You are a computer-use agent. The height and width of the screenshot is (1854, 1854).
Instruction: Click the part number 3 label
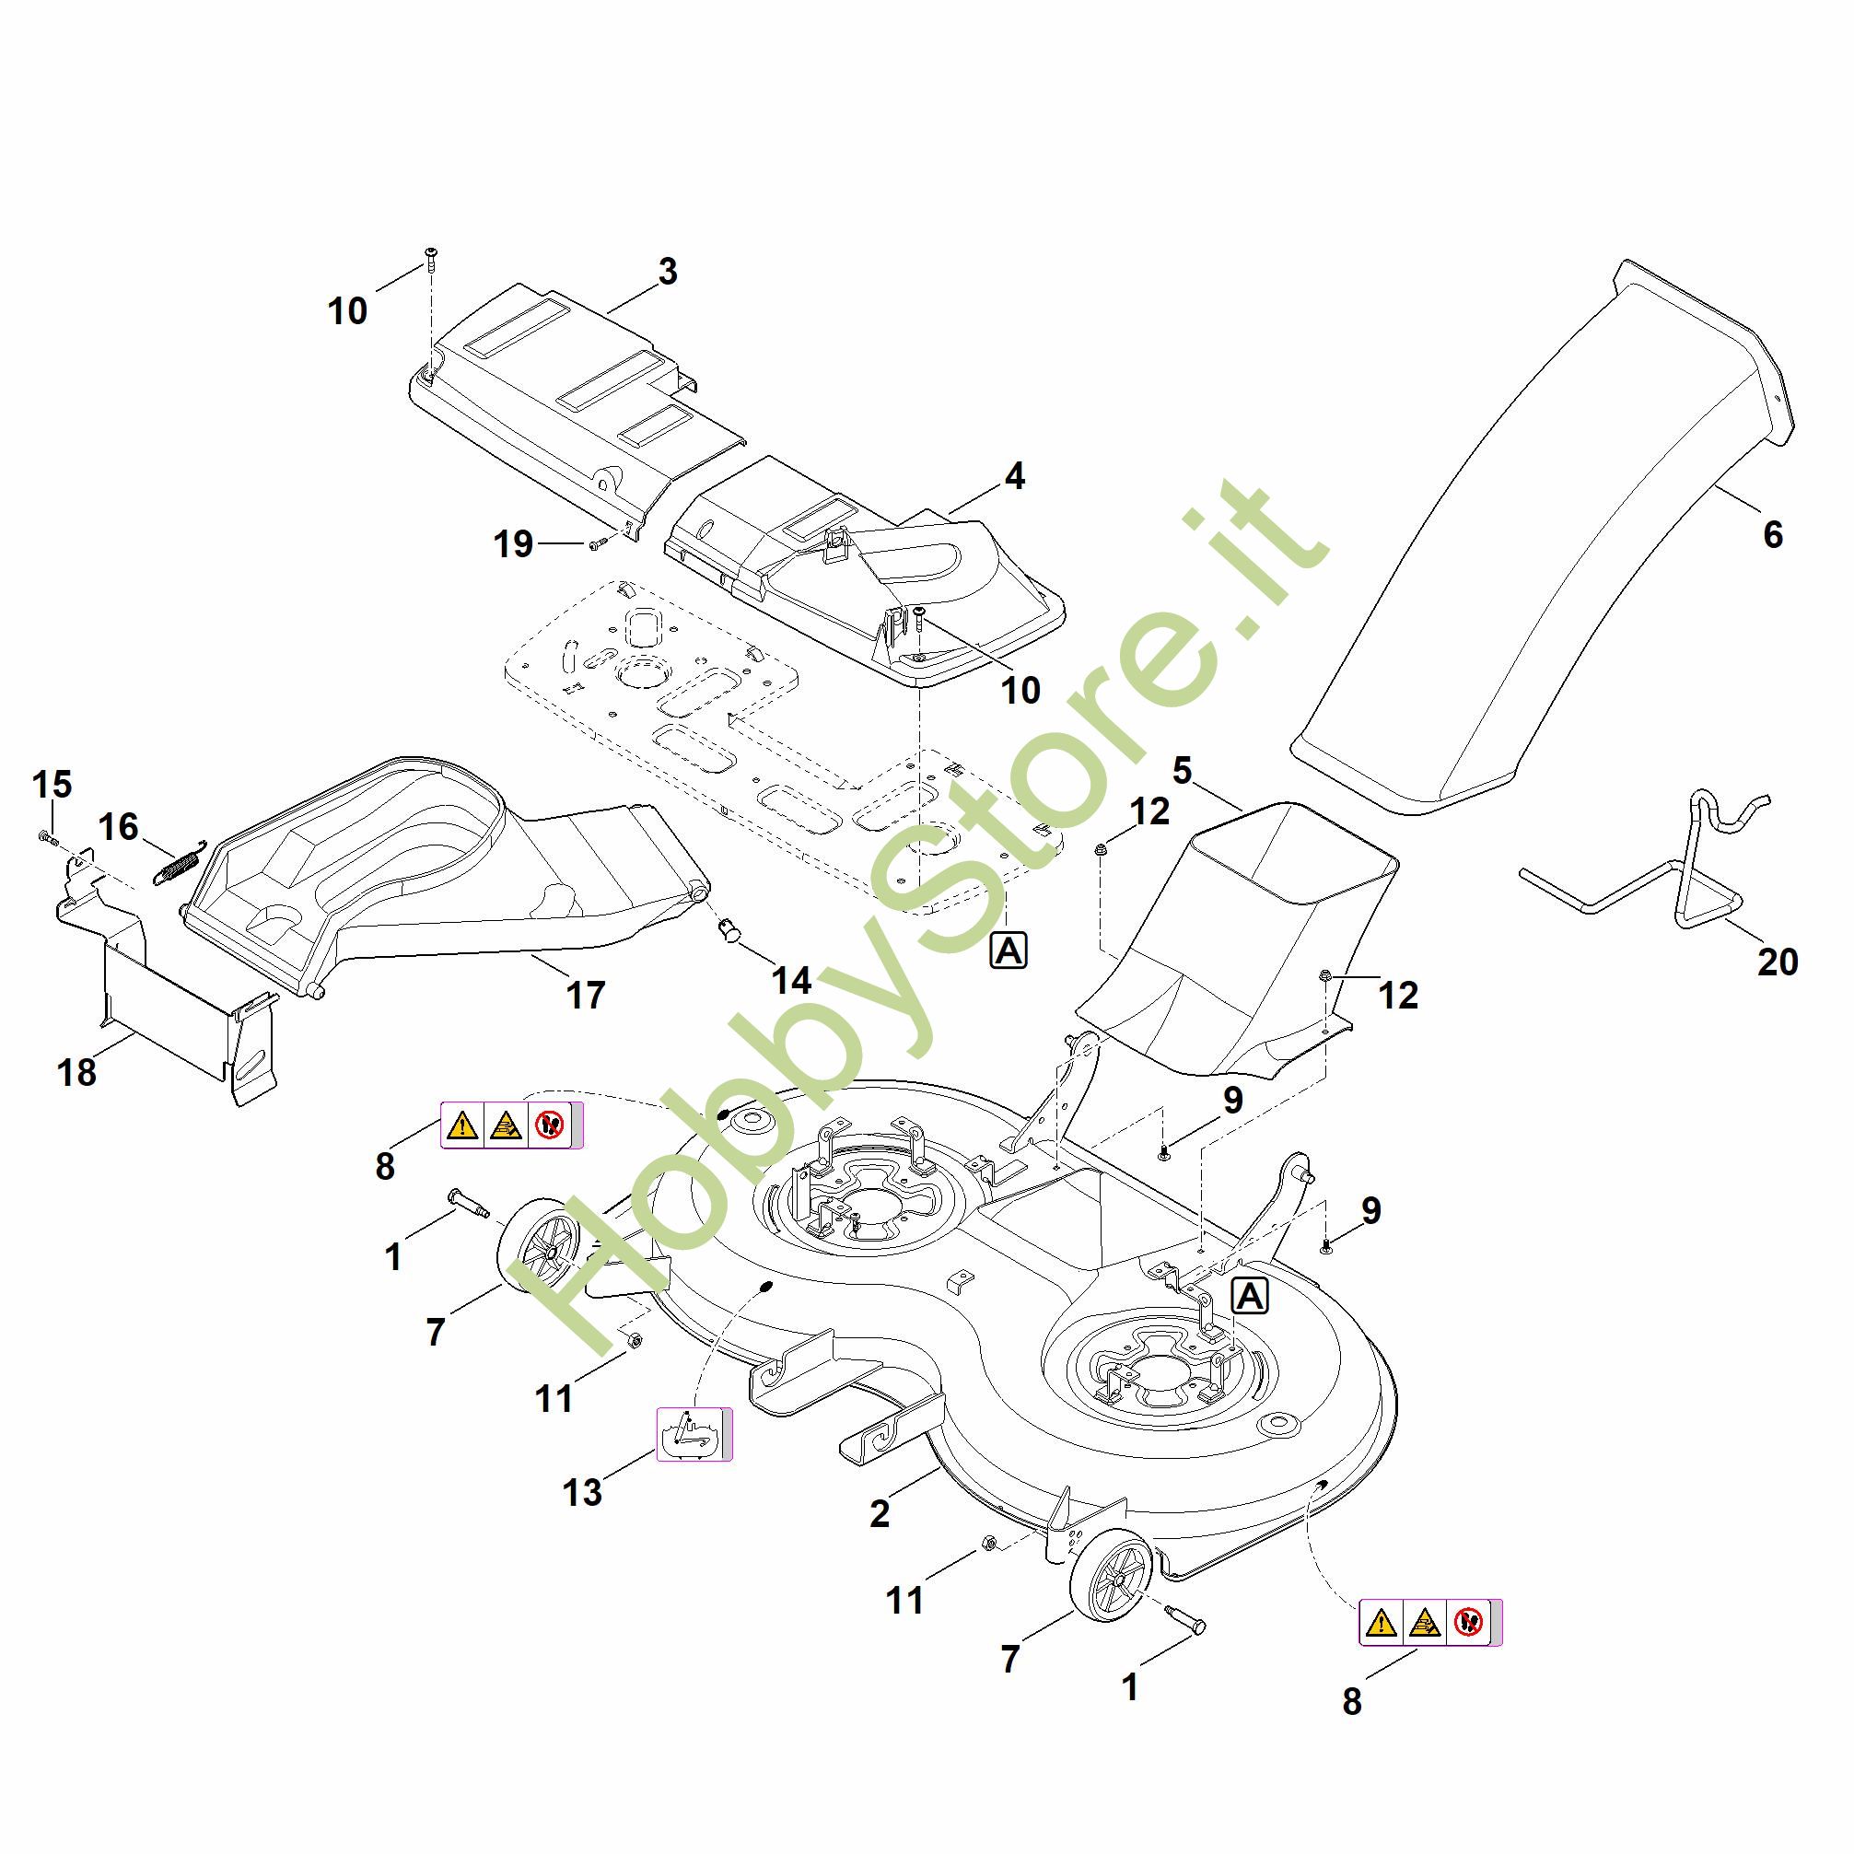click(x=668, y=272)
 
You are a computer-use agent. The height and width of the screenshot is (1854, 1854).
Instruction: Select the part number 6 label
click(x=1772, y=534)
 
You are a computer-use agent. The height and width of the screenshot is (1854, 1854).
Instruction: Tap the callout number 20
click(x=1778, y=962)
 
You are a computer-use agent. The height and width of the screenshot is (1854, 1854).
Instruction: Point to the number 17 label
click(x=586, y=995)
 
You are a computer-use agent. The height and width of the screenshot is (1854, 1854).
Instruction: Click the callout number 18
click(x=76, y=1073)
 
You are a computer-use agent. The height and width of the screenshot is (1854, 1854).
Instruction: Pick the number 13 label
click(x=582, y=1492)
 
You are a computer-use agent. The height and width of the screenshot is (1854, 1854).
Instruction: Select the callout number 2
click(x=880, y=1513)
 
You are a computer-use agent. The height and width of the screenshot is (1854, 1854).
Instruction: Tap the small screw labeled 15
click(x=48, y=839)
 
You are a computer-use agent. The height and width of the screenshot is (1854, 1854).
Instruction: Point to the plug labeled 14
click(x=730, y=929)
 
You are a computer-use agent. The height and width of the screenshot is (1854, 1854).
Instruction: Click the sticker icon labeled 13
click(x=694, y=1435)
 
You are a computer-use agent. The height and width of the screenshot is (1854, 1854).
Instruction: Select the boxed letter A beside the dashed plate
click(x=1009, y=950)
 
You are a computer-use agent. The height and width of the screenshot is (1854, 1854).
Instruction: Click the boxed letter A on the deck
click(x=1250, y=1297)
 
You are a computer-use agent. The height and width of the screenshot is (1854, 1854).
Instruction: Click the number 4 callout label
click(x=1014, y=476)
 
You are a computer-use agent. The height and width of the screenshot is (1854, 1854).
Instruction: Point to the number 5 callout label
click(x=1183, y=770)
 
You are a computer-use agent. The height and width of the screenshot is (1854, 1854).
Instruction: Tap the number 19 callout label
click(x=513, y=544)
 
